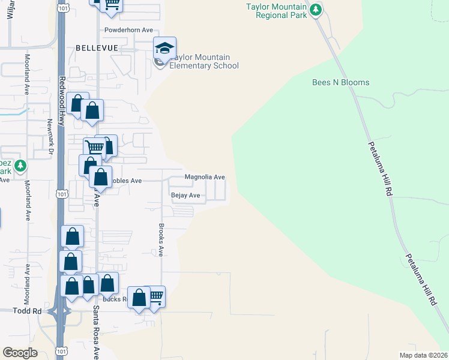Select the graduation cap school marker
pyautogui.click(x=164, y=48)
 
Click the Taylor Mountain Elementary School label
pyautogui.click(x=204, y=62)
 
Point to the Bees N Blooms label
pyautogui.click(x=341, y=82)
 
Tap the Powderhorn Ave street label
pyautogui.click(x=129, y=29)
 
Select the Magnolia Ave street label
pyautogui.click(x=205, y=177)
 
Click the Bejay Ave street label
pyautogui.click(x=185, y=196)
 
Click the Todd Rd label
pyautogui.click(x=27, y=311)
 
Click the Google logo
pyautogui.click(x=20, y=352)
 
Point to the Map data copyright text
pyautogui.click(x=424, y=355)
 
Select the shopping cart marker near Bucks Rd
pyautogui.click(x=155, y=296)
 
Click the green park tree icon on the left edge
pyautogui.click(x=20, y=165)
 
